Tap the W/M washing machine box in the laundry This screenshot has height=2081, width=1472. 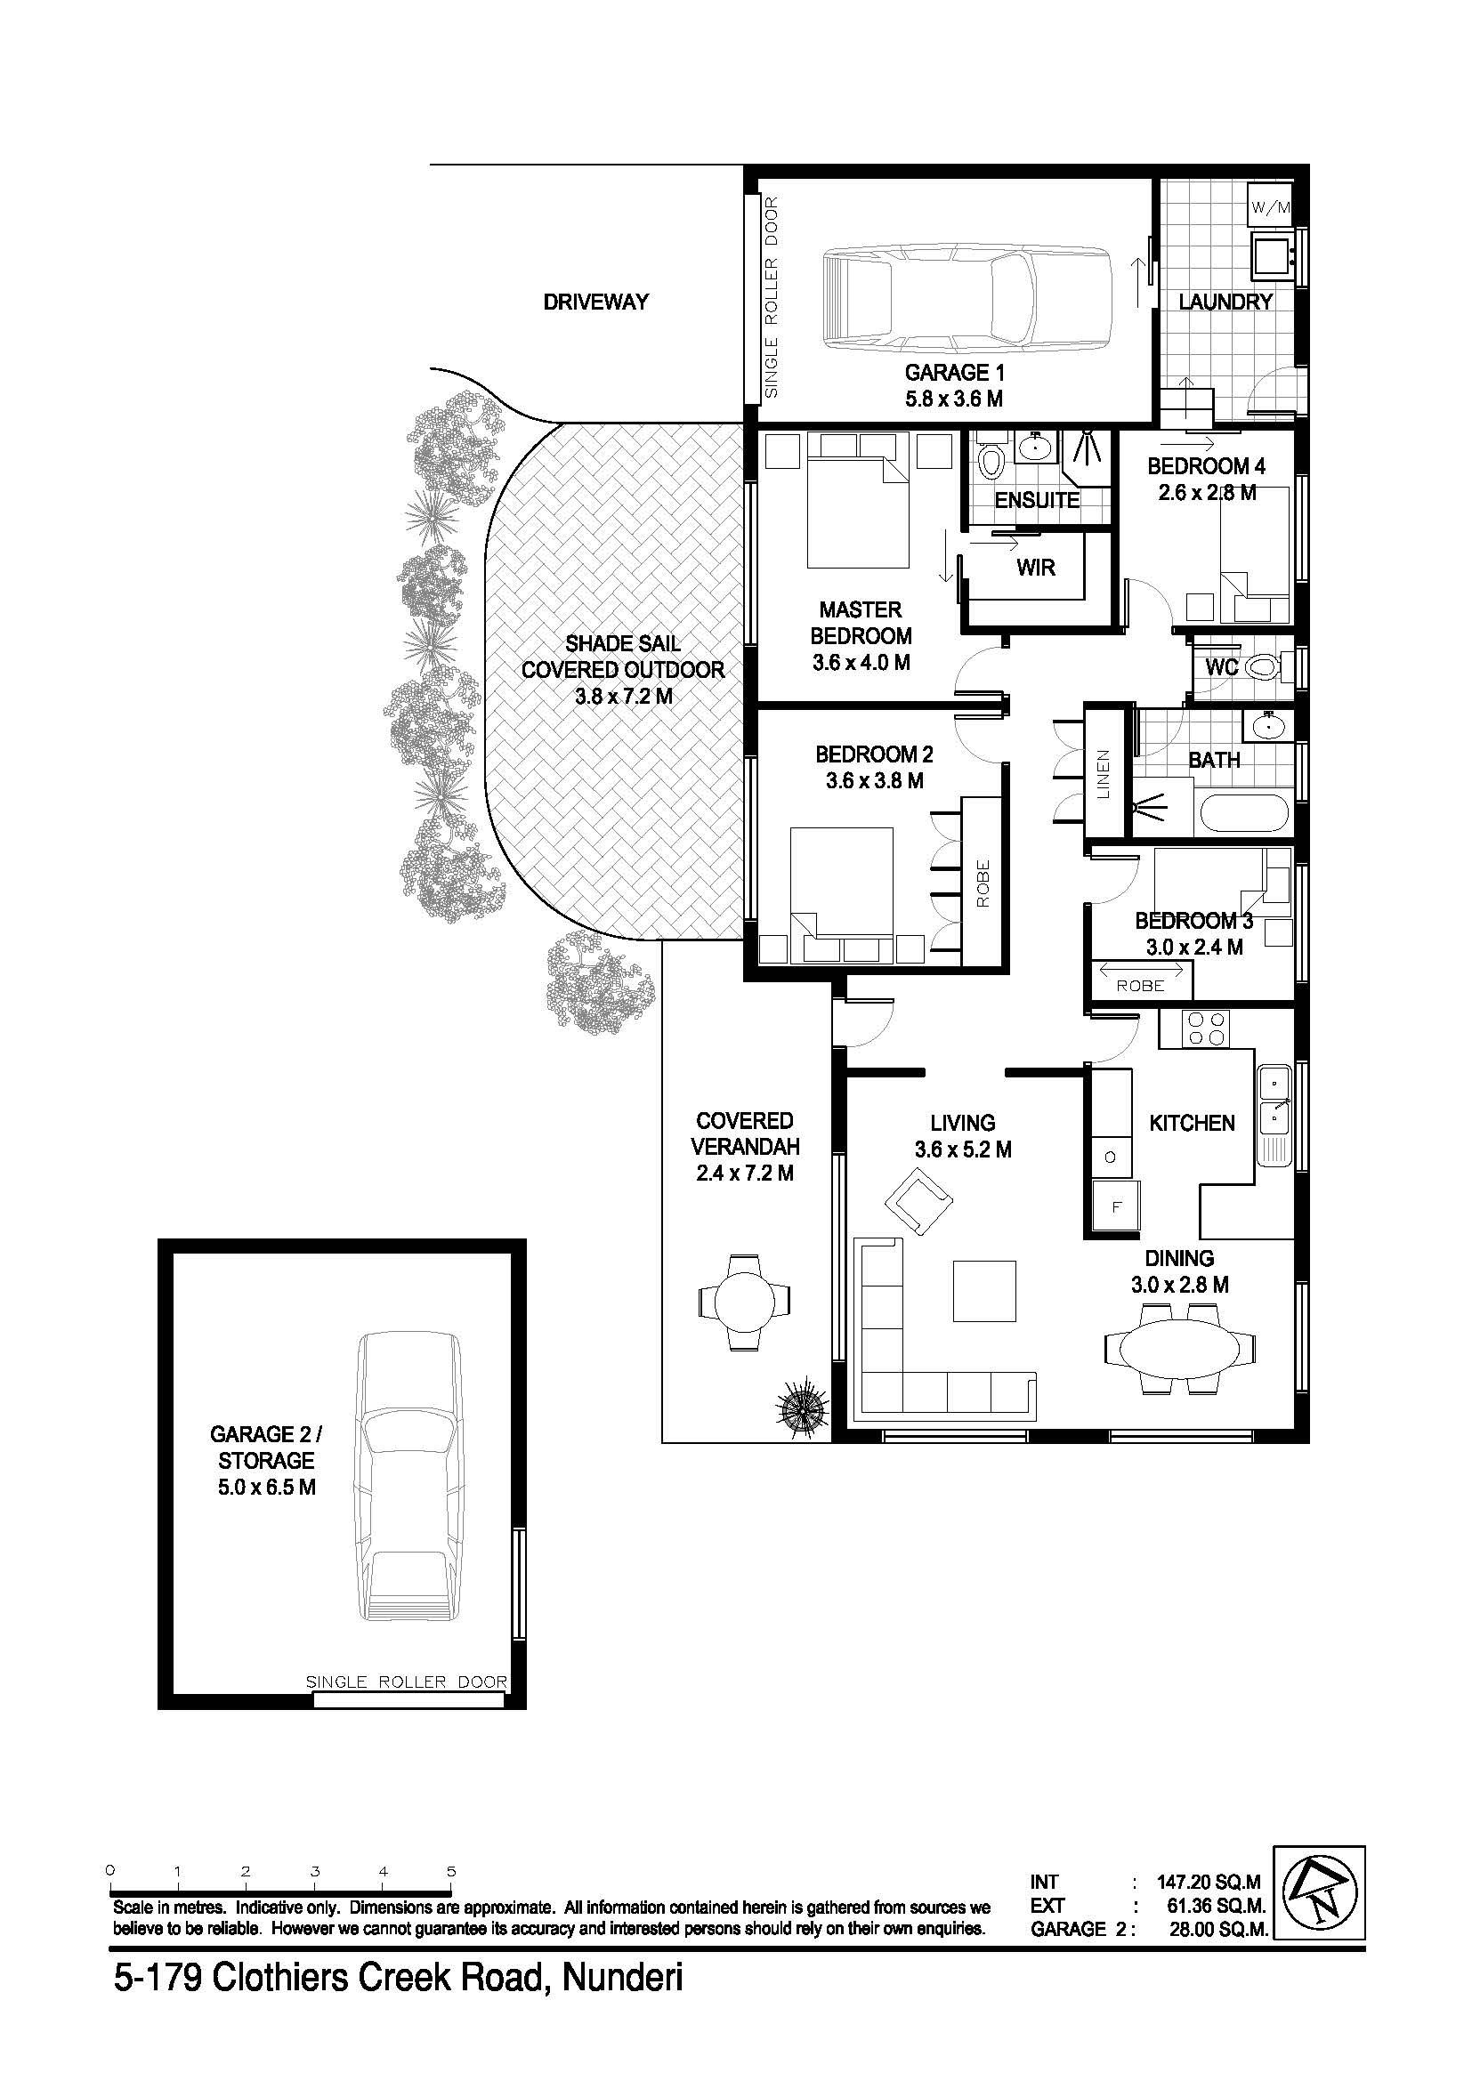tap(1271, 206)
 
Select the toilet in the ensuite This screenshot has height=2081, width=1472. tap(992, 461)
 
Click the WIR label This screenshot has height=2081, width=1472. tap(1036, 568)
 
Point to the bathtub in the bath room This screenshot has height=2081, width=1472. tap(1243, 813)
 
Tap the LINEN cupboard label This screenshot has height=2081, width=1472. tap(1102, 775)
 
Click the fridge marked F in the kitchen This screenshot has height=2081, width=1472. tap(1116, 1207)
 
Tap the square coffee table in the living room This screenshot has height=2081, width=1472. tap(984, 1291)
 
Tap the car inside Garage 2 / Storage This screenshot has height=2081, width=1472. tap(408, 1477)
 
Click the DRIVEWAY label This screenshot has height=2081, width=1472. tap(595, 302)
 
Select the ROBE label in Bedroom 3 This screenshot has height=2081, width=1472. tap(1140, 985)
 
